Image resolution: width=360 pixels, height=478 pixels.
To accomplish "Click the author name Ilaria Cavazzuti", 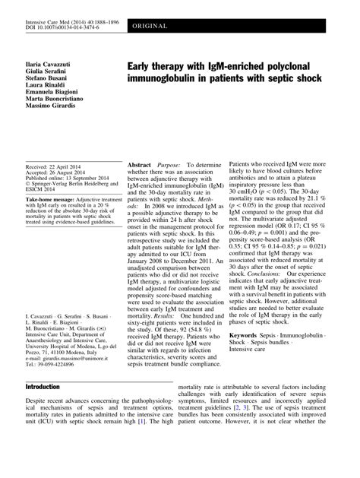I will [x=51, y=59].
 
